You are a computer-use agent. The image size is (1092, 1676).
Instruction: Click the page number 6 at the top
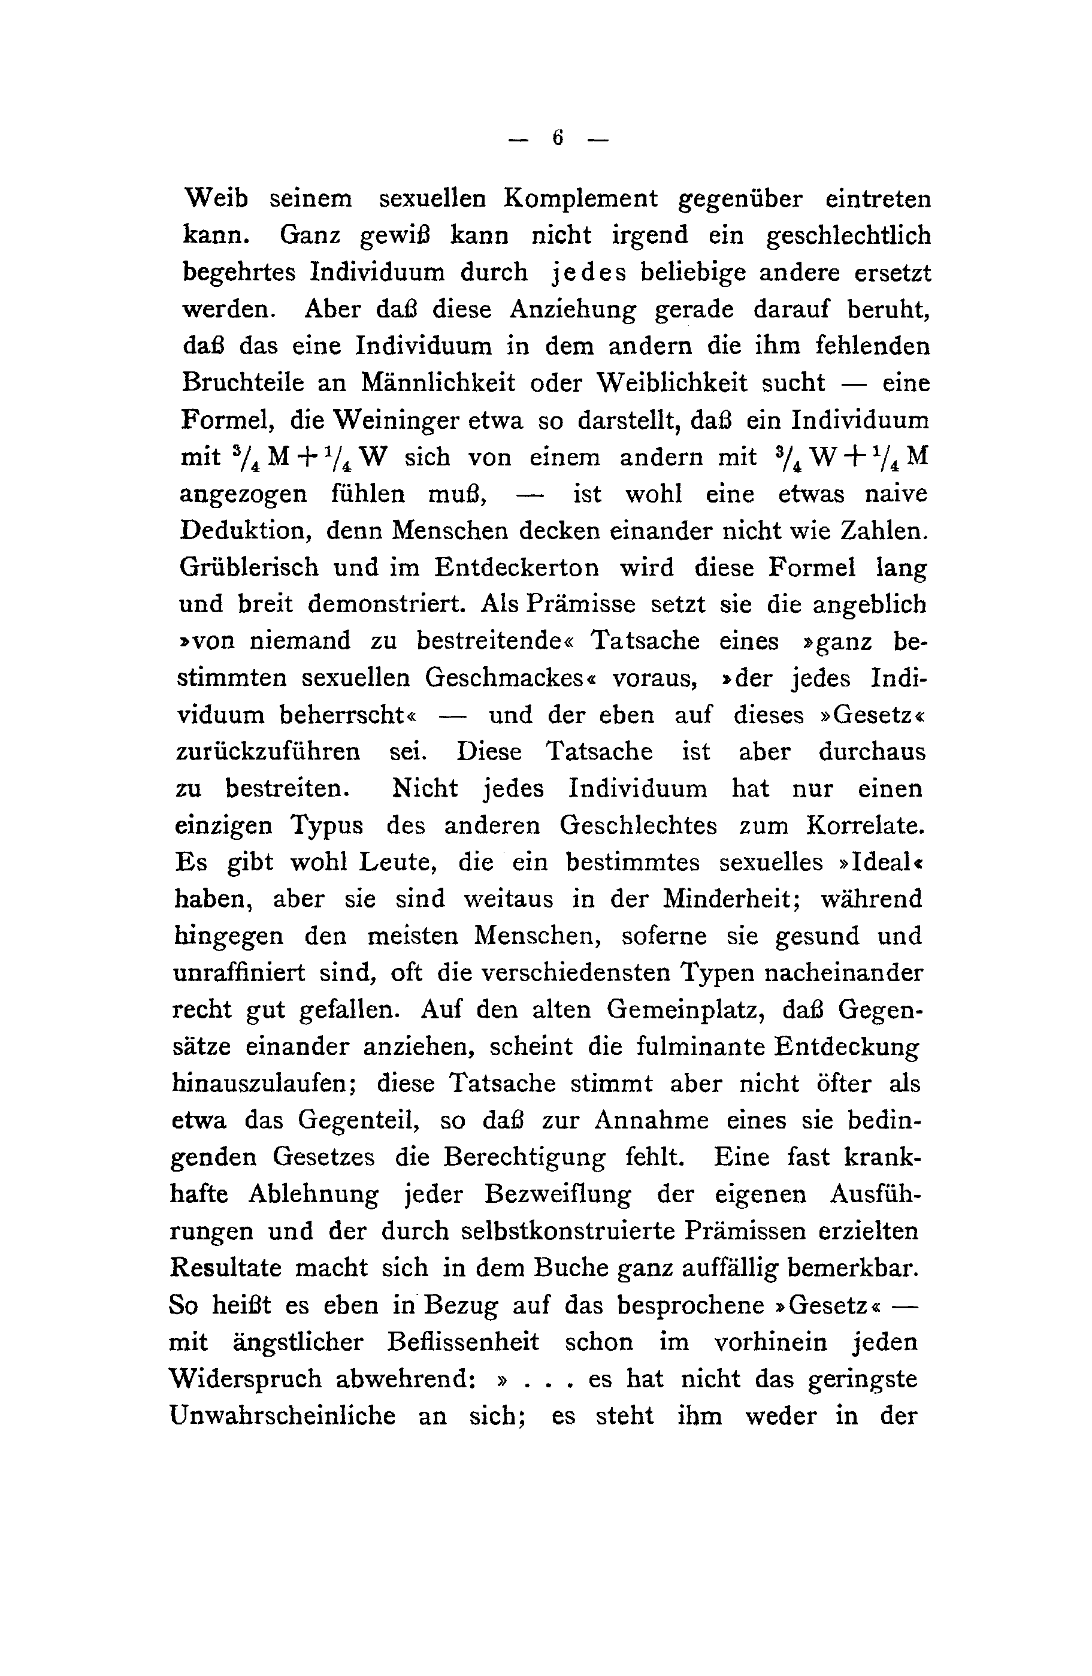point(558,138)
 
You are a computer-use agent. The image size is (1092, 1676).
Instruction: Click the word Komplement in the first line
point(580,199)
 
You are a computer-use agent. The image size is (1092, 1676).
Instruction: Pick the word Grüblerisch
point(249,568)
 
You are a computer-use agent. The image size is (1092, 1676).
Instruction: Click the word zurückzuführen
point(268,752)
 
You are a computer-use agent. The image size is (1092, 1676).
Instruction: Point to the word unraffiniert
point(240,973)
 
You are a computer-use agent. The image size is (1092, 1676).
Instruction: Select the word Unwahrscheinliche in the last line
point(282,1416)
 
